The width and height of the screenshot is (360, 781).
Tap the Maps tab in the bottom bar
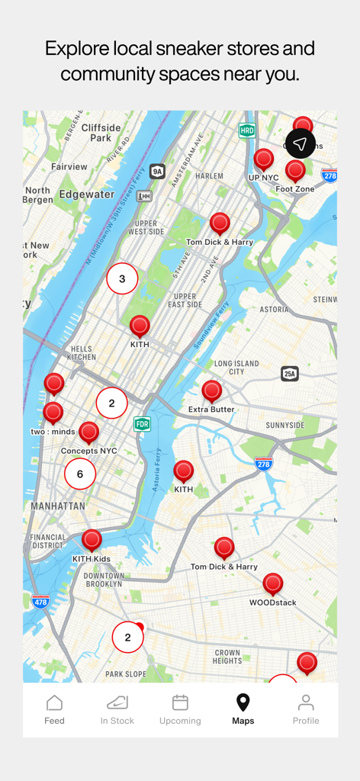(x=243, y=709)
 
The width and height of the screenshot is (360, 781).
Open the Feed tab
(x=54, y=709)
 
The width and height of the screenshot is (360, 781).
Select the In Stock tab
(x=117, y=709)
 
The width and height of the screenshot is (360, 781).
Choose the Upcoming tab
(x=180, y=709)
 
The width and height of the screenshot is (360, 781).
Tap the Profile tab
(x=305, y=709)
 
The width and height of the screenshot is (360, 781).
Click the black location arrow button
(x=301, y=143)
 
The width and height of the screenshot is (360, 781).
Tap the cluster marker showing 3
(x=122, y=279)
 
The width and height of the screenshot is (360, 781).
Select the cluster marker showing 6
(x=80, y=474)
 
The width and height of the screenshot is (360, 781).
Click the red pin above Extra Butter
(x=212, y=391)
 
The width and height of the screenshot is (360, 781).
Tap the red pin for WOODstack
(x=273, y=584)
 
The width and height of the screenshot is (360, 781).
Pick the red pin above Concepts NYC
(x=89, y=432)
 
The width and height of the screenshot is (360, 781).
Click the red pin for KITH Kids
(x=92, y=540)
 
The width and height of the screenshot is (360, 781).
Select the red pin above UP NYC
(x=264, y=159)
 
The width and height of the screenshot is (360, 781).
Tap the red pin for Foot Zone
(x=295, y=171)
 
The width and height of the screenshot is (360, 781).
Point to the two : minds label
(x=53, y=432)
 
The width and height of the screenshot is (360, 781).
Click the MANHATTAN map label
(x=58, y=506)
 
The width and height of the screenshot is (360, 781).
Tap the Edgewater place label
(x=86, y=194)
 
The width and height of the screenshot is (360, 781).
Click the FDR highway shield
(x=142, y=423)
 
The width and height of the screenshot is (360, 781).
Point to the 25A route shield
(x=290, y=374)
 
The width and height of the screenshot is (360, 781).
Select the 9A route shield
(x=157, y=172)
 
